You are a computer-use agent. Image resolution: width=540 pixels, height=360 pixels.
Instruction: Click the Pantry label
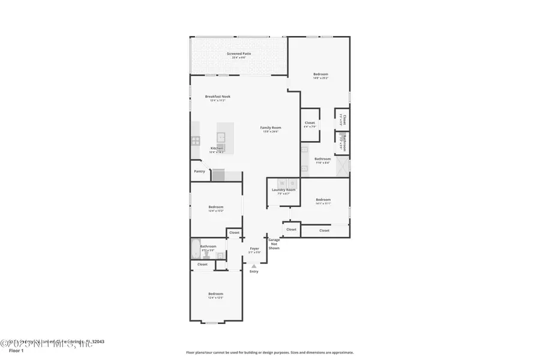coord(199,171)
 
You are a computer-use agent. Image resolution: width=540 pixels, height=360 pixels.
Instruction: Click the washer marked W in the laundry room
coord(281,183)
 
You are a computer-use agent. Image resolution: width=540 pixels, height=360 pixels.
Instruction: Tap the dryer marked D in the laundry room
coord(292,183)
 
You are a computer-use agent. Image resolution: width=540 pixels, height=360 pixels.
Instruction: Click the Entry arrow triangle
coord(254,265)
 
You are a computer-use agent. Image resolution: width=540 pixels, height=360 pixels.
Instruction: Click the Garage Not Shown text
coord(274,244)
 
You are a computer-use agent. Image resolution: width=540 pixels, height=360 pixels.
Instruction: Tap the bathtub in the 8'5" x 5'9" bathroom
coord(195,248)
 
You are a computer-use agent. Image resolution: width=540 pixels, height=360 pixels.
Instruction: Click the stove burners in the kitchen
coord(195,142)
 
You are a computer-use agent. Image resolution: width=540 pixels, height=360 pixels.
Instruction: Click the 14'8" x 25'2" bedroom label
coord(320,76)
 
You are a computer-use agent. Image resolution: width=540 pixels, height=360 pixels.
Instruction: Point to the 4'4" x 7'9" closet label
coord(310,124)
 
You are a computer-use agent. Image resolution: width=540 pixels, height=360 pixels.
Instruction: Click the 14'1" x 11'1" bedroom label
coord(323,201)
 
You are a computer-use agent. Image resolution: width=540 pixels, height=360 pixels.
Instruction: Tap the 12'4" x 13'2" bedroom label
coord(215,208)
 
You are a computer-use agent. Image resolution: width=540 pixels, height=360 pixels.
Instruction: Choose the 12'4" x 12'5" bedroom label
coord(215,295)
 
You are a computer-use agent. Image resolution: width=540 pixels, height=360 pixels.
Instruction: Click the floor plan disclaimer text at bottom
coord(269,352)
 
